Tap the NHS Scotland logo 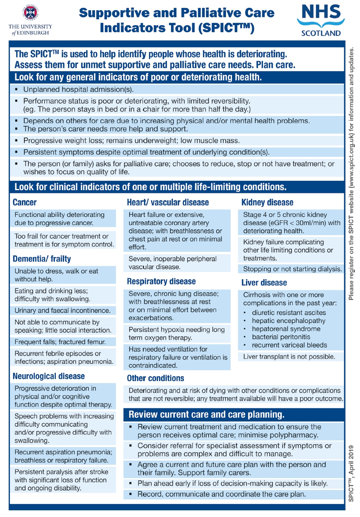coord(320,20)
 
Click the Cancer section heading coord(24,203)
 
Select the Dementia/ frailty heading coord(42,259)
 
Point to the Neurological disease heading coord(48,376)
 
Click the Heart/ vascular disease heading coord(168,203)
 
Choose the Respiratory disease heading coord(161,282)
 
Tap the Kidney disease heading coord(267,203)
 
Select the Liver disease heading coord(264,283)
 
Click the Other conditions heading coord(155,378)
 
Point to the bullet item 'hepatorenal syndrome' coord(286,329)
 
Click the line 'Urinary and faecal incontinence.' coord(62,311)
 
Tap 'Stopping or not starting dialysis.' coord(292,269)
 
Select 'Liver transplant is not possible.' coord(289,357)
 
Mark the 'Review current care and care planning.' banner coord(206,414)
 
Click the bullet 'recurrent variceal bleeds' coord(289,345)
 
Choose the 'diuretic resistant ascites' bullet coord(289,313)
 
